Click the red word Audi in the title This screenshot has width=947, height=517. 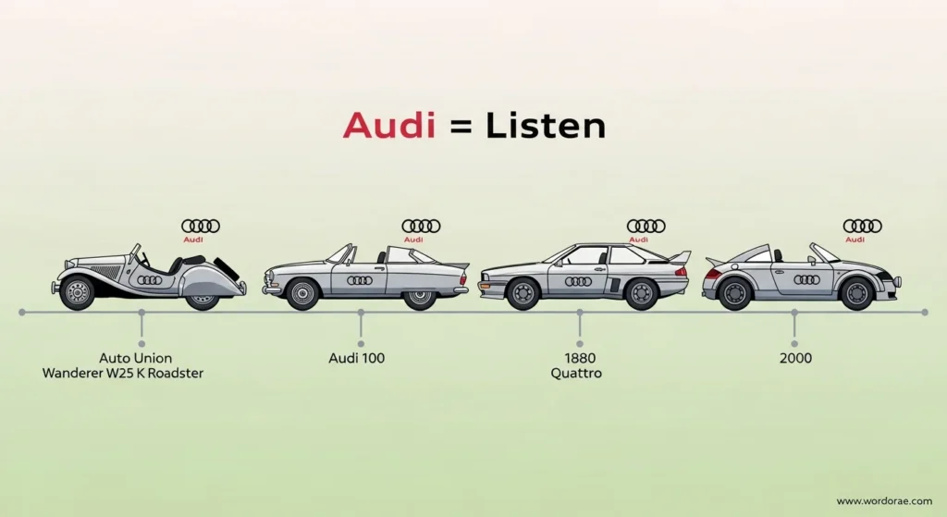pos(388,126)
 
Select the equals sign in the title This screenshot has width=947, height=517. pos(456,128)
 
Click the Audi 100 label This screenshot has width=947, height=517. pos(356,357)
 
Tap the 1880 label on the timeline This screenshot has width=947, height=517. pos(580,357)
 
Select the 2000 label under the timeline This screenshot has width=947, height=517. pos(794,357)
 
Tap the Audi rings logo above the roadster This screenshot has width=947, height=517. pos(201,225)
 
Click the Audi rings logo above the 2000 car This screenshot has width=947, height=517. pos(862,225)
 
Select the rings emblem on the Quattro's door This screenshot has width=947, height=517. pos(578,280)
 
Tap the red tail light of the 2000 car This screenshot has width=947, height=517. pos(713,274)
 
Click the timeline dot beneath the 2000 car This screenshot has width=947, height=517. pos(794,314)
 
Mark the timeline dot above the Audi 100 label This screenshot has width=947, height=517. pos(360,314)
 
